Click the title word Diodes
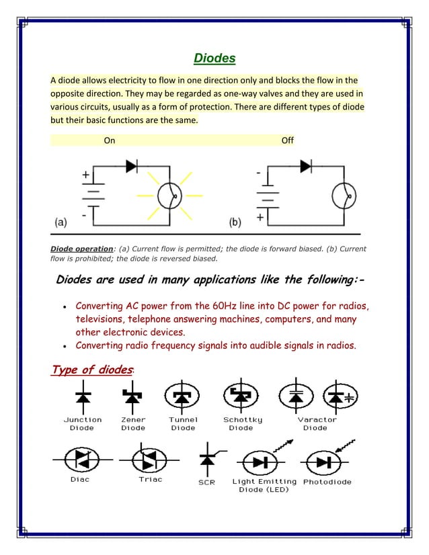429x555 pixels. click(x=214, y=58)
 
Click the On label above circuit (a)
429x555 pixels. click(x=110, y=140)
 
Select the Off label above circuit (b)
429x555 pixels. click(x=288, y=140)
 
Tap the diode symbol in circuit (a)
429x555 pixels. click(x=132, y=166)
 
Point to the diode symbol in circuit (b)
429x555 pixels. click(x=305, y=165)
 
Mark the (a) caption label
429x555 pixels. click(x=60, y=221)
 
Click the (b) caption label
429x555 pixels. click(x=235, y=221)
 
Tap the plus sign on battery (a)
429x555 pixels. click(x=86, y=175)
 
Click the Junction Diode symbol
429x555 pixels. click(x=82, y=397)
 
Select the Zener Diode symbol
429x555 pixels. click(x=132, y=397)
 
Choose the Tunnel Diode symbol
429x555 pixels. click(x=182, y=397)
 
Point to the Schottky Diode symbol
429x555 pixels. click(x=240, y=397)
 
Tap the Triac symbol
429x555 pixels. click(x=146, y=461)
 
